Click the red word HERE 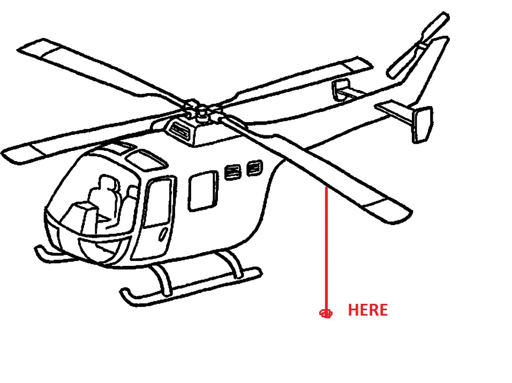point(368,310)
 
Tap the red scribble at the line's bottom point(326,313)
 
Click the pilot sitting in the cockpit point(104,199)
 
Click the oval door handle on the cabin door point(163,235)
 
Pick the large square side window point(203,190)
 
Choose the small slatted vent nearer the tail point(254,168)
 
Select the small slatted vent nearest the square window point(233,172)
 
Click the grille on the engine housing point(180,130)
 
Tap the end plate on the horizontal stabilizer point(422,125)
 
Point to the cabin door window point(159,202)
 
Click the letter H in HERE point(353,310)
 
